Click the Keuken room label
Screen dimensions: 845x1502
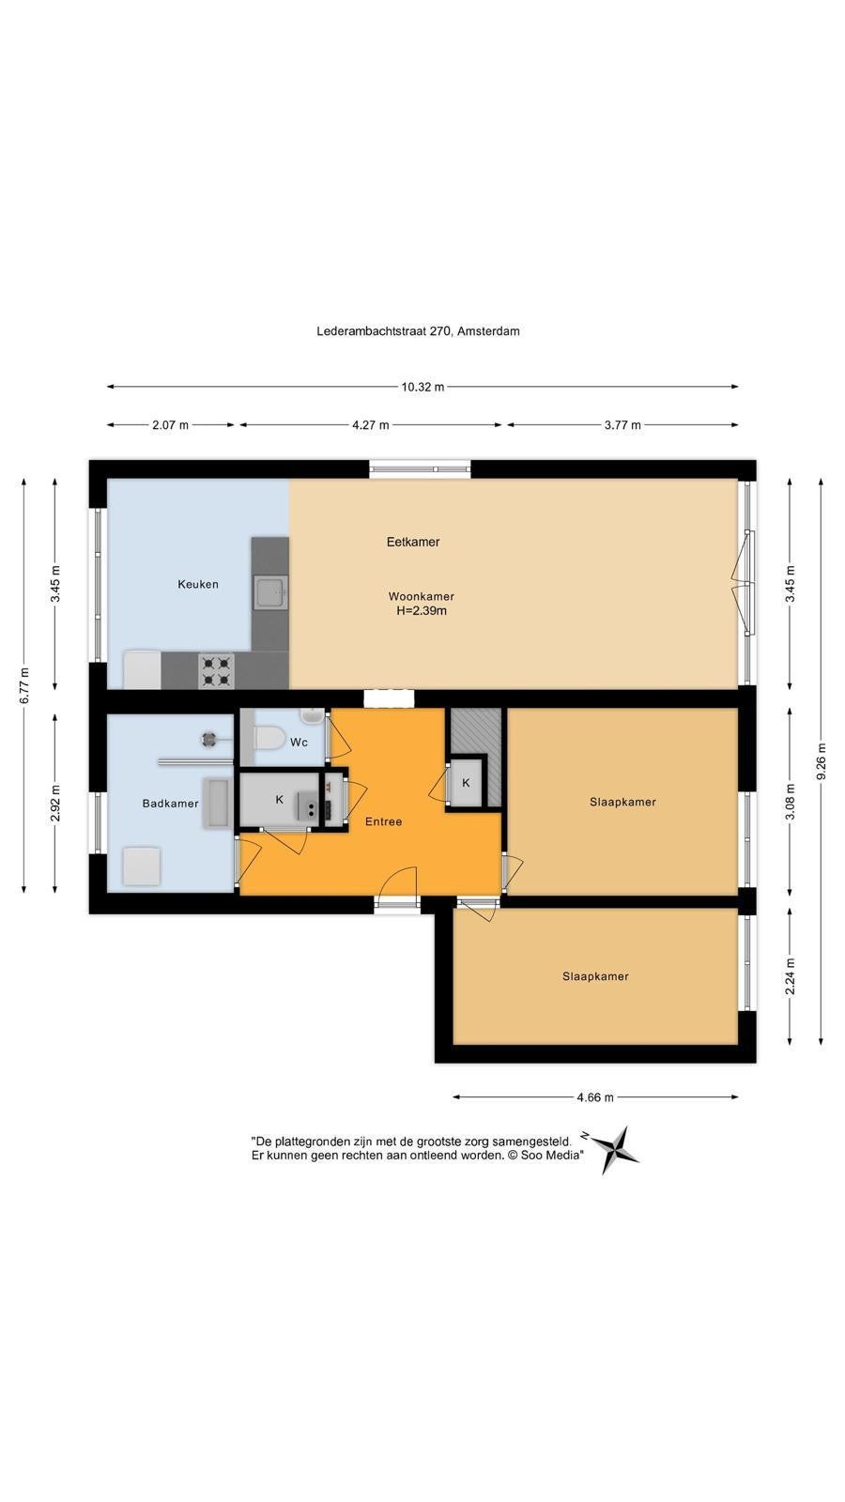coord(198,584)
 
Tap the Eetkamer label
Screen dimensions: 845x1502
coord(413,542)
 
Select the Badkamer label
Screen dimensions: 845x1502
coord(170,804)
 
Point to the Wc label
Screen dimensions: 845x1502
coord(300,743)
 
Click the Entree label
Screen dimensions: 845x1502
coord(384,821)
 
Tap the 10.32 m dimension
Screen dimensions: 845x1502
coord(422,387)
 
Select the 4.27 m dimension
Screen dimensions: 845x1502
coord(371,425)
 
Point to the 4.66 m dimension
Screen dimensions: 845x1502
coord(595,1097)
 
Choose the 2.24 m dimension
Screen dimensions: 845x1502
coord(791,976)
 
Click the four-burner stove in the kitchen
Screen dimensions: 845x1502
coord(217,671)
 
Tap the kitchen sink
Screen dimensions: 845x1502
coord(271,593)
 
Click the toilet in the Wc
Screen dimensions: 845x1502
coord(269,740)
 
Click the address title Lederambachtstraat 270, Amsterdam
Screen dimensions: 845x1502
coord(419,331)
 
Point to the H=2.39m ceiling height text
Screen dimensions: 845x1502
coord(422,611)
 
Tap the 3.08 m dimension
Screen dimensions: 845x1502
coord(791,802)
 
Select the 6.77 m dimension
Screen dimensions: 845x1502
coord(25,686)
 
